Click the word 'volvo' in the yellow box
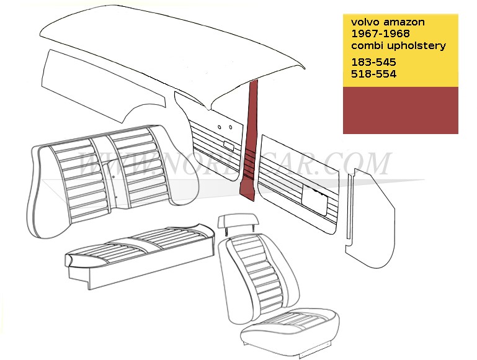(x=365, y=22)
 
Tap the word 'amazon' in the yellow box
(x=404, y=22)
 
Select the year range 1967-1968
(x=381, y=34)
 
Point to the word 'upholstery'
(x=417, y=46)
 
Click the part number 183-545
(x=373, y=62)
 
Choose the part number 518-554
(x=373, y=74)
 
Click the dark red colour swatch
(x=400, y=110)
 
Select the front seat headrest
(x=238, y=220)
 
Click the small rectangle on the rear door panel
(x=228, y=146)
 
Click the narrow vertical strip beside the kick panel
(x=350, y=206)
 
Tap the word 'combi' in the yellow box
(x=367, y=45)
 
